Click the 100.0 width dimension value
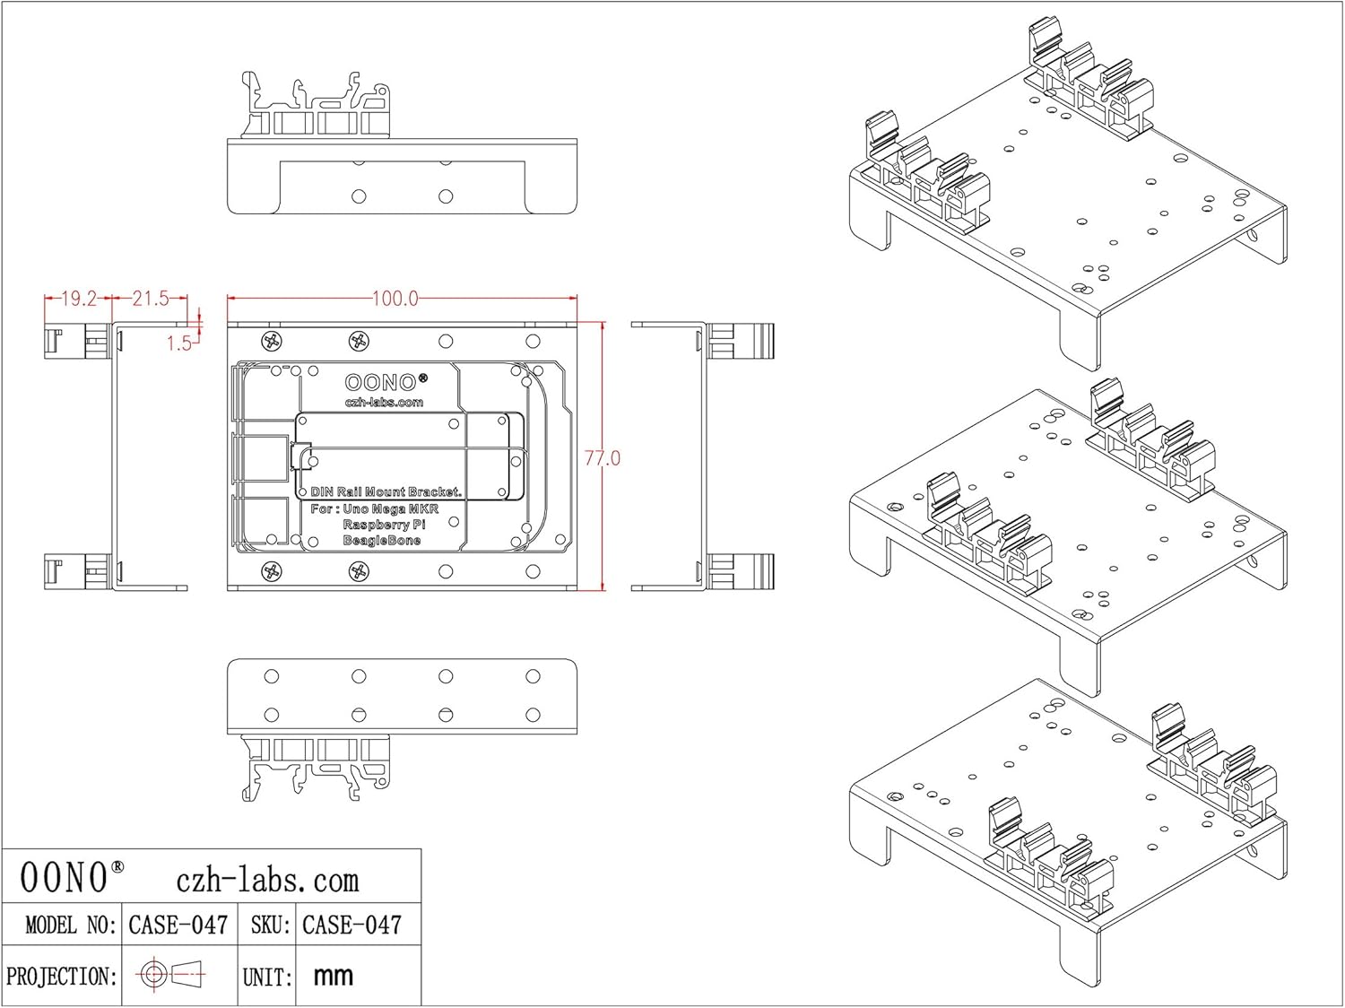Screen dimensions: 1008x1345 395,299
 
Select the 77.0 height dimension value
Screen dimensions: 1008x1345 603,458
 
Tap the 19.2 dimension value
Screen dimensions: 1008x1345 78,299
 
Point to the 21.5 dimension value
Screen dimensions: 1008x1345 150,299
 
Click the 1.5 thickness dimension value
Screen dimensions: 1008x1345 178,343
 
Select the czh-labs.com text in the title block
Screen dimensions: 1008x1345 267,880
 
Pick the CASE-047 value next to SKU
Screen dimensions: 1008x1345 351,925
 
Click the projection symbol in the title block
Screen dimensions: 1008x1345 171,974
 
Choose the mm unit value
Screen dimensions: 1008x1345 334,976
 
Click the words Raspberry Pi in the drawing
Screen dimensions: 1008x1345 384,525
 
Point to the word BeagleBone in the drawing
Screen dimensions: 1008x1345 382,541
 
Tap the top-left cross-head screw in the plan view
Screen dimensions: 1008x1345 272,341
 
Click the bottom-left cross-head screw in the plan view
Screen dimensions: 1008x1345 272,571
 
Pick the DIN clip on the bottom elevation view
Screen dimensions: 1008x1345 316,767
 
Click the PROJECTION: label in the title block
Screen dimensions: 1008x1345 62,976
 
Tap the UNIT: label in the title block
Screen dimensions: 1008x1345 267,977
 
